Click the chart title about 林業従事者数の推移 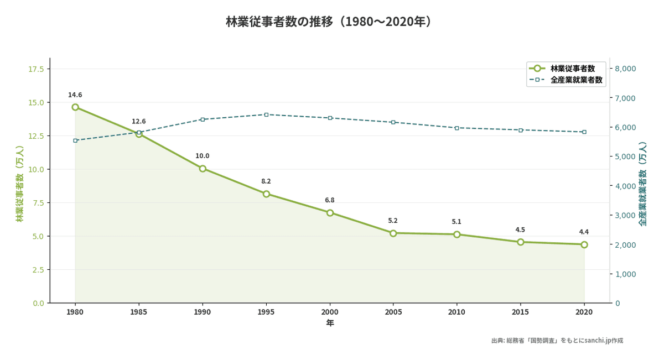tap(330, 22)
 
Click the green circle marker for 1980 tap(75, 107)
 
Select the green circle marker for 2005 tap(393, 233)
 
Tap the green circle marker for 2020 tap(584, 244)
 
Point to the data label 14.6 tap(75, 95)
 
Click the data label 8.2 tap(266, 181)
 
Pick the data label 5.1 tap(456, 222)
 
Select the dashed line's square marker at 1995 tap(266, 114)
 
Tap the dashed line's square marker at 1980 tap(75, 140)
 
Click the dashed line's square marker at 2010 tap(457, 128)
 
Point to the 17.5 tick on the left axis tap(36, 69)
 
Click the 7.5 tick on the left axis tap(39, 203)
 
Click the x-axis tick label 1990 tap(203, 312)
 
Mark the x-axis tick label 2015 tap(521, 312)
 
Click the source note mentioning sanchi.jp tap(557, 341)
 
